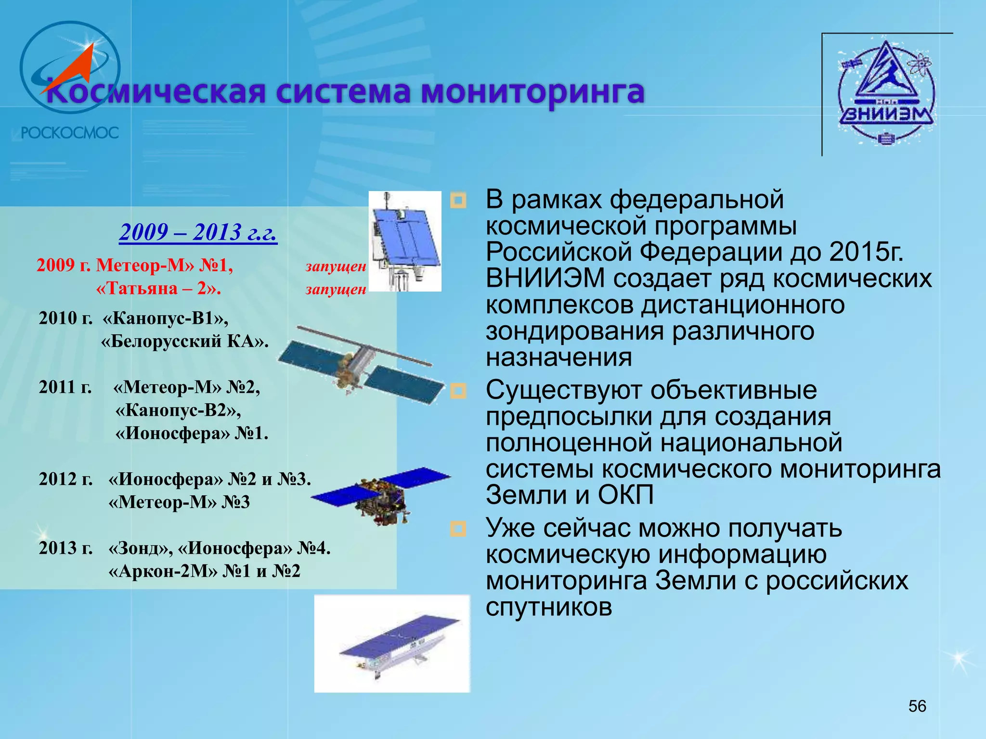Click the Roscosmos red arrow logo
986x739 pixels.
[70, 67]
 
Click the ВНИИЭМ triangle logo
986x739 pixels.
[886, 91]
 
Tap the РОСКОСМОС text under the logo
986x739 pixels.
[70, 133]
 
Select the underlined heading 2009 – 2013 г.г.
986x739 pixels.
[198, 232]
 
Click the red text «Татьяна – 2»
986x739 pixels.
[158, 288]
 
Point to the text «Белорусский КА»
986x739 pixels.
[184, 341]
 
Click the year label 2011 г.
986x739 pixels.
[65, 387]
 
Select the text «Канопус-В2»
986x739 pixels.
[178, 410]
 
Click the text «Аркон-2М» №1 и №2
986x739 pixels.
[204, 571]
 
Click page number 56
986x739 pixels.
[917, 706]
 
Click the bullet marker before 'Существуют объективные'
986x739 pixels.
[458, 391]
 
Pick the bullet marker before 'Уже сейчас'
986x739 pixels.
[458, 529]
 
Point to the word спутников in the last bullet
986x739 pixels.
[549, 607]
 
